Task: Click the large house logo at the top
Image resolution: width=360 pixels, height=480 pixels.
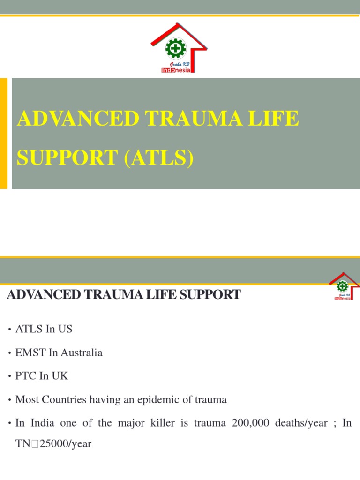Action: (x=182, y=48)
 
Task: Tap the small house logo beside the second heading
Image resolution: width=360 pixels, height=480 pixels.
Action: (x=344, y=285)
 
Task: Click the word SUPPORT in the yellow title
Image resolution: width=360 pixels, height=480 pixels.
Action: (x=67, y=158)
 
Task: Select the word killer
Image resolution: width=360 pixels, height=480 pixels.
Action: (x=160, y=423)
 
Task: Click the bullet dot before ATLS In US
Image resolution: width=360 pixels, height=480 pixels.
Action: (x=9, y=330)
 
